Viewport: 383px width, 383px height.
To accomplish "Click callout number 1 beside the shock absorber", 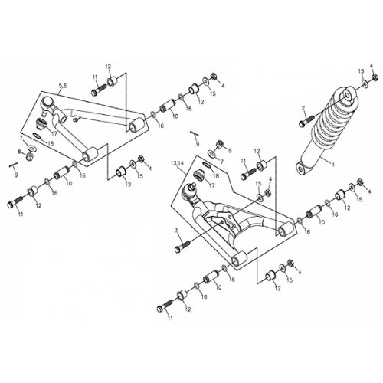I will pyautogui.click(x=332, y=163).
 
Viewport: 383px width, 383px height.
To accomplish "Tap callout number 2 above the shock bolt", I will pyautogui.click(x=303, y=108).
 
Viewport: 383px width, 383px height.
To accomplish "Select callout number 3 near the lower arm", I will pyautogui.click(x=175, y=231).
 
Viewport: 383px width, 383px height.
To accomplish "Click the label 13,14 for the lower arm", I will pyautogui.click(x=179, y=164).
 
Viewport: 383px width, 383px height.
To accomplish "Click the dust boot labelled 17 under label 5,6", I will pyautogui.click(x=43, y=123).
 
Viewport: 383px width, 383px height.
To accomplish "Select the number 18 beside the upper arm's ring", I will pyautogui.click(x=50, y=143).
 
